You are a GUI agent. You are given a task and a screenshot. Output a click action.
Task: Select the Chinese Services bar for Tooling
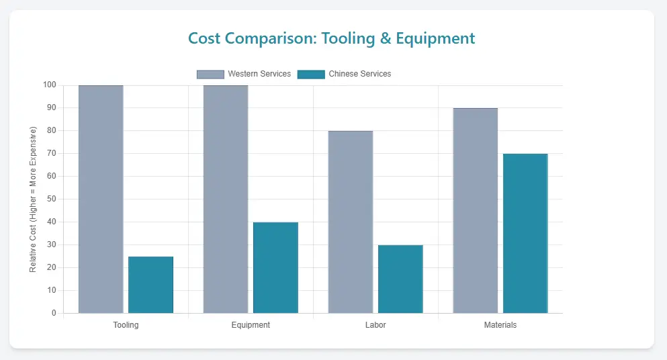pyautogui.click(x=150, y=285)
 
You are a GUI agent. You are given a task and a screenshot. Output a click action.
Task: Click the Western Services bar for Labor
pyautogui.click(x=351, y=222)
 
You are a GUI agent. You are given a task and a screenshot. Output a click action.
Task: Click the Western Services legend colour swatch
pyautogui.click(x=210, y=74)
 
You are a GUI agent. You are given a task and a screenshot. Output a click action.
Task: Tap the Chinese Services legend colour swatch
pyautogui.click(x=311, y=74)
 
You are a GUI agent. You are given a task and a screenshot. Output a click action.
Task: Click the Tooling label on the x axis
pyautogui.click(x=126, y=325)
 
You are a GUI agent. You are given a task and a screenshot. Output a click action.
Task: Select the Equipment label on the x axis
pyautogui.click(x=251, y=325)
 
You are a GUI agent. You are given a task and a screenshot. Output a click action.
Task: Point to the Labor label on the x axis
pyautogui.click(x=375, y=325)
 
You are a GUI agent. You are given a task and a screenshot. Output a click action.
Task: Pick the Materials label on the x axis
pyautogui.click(x=500, y=325)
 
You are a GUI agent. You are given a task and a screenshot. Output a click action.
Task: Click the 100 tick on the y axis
pyautogui.click(x=50, y=85)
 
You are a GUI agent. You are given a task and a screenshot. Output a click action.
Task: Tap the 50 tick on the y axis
pyautogui.click(x=52, y=199)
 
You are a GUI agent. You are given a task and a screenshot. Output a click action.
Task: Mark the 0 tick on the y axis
pyautogui.click(x=54, y=313)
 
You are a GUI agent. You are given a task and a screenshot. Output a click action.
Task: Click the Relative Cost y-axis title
pyautogui.click(x=33, y=199)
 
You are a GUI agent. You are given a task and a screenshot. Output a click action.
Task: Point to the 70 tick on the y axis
pyautogui.click(x=52, y=154)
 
